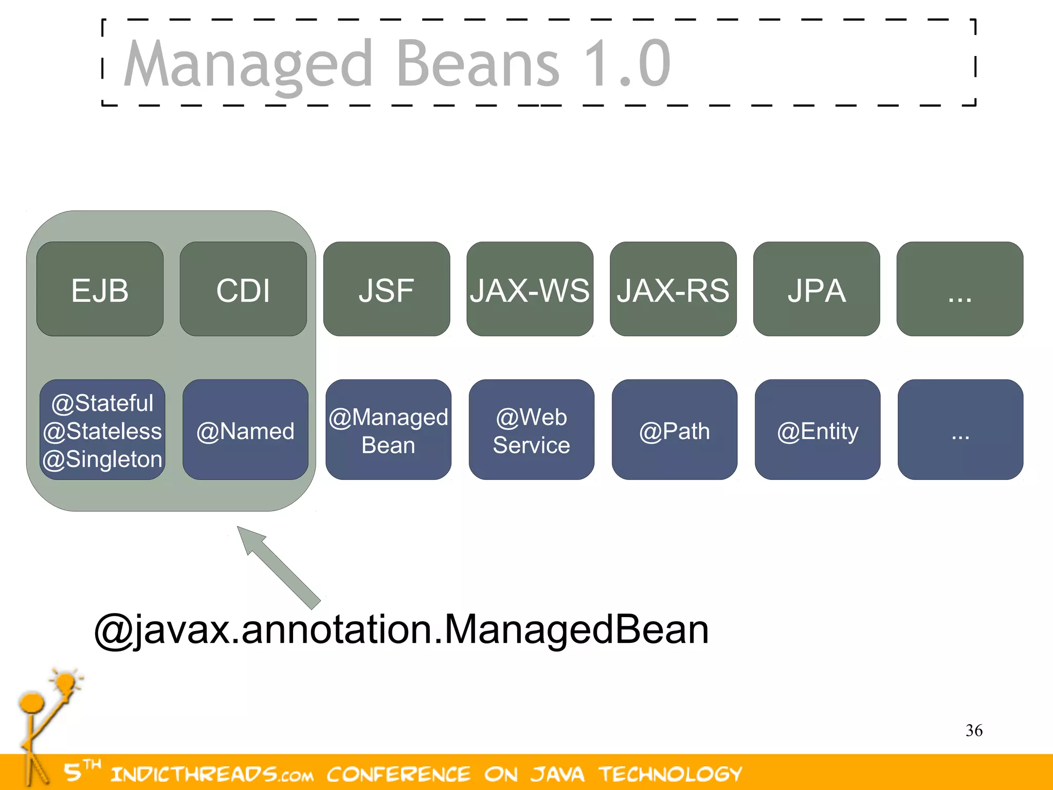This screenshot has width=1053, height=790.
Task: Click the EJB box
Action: (x=100, y=289)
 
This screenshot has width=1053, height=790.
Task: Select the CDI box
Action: (x=243, y=289)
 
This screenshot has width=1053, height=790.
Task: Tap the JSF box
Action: (x=387, y=289)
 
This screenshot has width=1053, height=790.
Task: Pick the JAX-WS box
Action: (x=530, y=289)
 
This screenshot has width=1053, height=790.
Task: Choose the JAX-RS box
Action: (x=673, y=289)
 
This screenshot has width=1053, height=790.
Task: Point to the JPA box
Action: (x=816, y=289)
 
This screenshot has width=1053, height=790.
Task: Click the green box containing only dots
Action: (x=959, y=289)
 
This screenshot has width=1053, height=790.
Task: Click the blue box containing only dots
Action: (x=960, y=429)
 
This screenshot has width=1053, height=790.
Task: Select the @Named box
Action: (x=245, y=430)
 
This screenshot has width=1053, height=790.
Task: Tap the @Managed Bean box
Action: (x=388, y=430)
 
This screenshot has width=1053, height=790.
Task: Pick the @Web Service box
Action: (x=531, y=430)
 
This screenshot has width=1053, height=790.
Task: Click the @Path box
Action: (x=674, y=430)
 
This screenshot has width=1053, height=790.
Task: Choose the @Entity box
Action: (x=818, y=430)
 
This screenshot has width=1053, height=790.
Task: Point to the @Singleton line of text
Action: (x=102, y=459)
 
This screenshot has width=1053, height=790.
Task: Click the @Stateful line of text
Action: (x=102, y=403)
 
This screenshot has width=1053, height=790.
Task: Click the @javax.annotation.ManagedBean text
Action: (x=401, y=630)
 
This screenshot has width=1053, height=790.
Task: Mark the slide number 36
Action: (x=974, y=730)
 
